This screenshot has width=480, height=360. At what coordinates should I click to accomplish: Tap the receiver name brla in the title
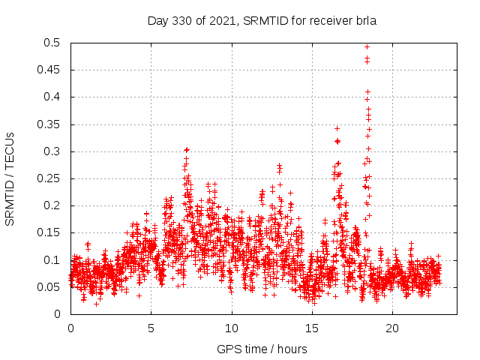pos(364,20)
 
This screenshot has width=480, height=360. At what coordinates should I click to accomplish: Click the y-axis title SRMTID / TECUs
pos(10,178)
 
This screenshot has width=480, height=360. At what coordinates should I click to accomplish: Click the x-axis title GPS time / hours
pos(262,349)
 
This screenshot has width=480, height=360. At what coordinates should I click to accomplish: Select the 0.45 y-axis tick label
pos(51,70)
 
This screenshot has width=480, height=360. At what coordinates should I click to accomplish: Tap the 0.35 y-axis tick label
pos(51,124)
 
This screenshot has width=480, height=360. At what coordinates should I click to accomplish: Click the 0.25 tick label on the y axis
pos(51,178)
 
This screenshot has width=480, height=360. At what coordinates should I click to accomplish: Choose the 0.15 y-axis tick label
pos(51,232)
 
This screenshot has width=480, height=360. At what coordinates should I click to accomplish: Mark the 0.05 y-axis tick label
pos(51,287)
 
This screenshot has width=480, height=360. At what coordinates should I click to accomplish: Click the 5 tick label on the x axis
pos(151,328)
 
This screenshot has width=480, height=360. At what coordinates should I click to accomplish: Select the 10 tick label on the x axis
pos(232,328)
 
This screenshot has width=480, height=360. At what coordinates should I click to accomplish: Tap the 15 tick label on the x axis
pos(312,328)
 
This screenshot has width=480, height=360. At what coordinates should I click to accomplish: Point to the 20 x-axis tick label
pos(392,328)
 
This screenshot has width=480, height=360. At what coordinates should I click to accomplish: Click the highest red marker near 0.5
pos(367,46)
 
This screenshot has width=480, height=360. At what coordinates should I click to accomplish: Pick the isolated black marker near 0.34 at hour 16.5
pos(337,128)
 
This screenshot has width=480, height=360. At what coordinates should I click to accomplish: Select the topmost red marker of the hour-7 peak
pos(186,150)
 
